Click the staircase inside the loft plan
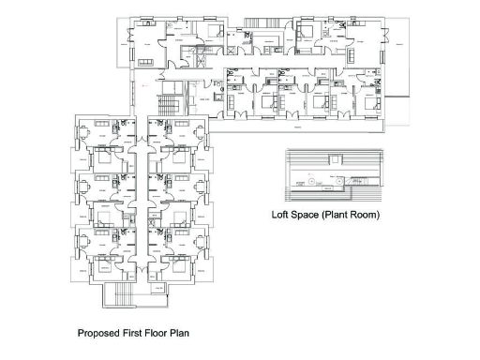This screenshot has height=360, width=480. [357, 181]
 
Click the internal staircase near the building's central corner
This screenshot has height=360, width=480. [169, 100]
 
